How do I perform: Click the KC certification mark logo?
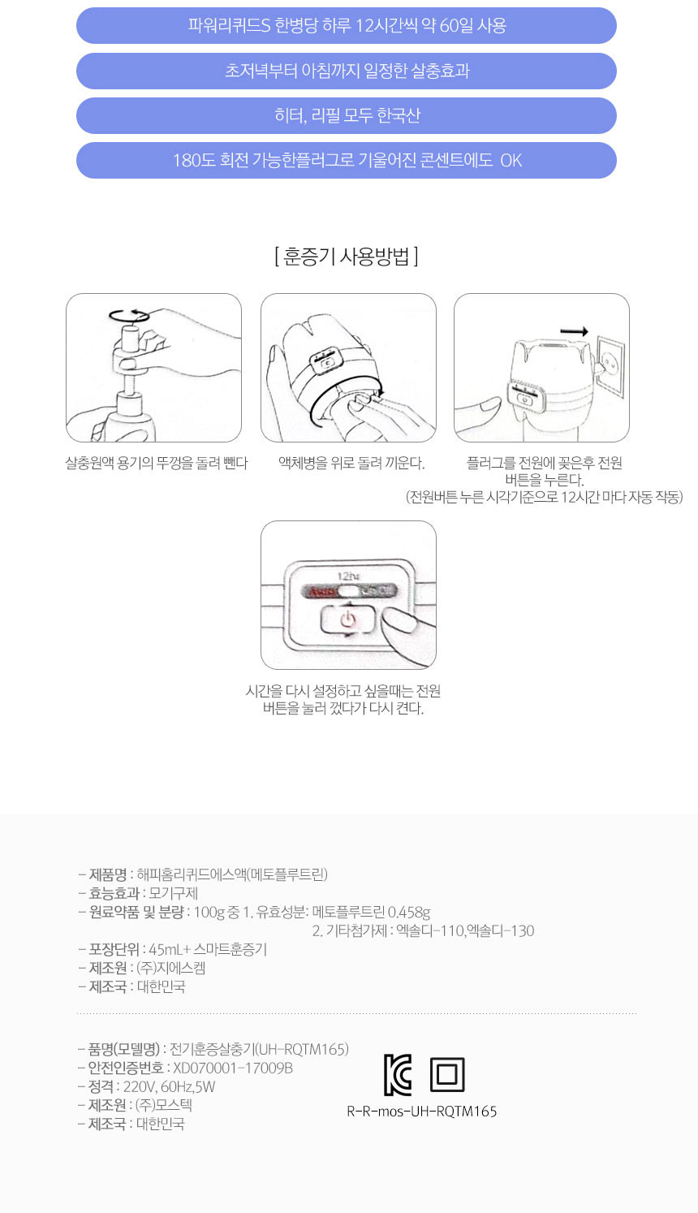(398, 1075)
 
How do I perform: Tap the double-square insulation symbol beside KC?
(447, 1074)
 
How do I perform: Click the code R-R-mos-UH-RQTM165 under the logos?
(422, 1112)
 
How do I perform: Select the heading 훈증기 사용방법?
(347, 256)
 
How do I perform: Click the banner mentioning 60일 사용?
(347, 25)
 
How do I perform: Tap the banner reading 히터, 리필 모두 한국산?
(347, 115)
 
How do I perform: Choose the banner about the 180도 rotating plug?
(347, 160)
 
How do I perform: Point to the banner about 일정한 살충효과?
(347, 71)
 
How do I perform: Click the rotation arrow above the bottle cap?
(129, 316)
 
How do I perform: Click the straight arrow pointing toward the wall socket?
(574, 331)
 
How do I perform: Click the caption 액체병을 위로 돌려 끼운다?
(351, 463)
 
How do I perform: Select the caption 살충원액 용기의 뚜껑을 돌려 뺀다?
(157, 463)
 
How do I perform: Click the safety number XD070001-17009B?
(233, 1068)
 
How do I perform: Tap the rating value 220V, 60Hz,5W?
(169, 1086)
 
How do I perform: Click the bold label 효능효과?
(114, 893)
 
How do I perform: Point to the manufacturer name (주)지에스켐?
(171, 968)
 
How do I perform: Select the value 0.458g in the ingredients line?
(409, 913)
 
